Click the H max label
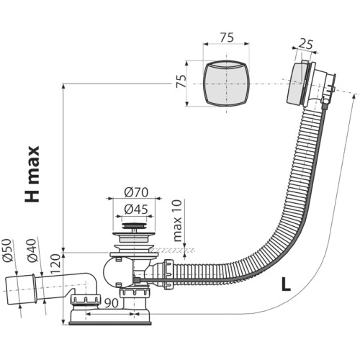[32, 174]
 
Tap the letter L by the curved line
[286, 284]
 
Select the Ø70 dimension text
[136, 192]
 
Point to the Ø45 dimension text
[136, 210]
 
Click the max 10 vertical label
[178, 220]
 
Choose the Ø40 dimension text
[32, 251]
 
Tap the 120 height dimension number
[55, 264]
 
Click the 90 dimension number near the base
[112, 303]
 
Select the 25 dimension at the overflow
[306, 45]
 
